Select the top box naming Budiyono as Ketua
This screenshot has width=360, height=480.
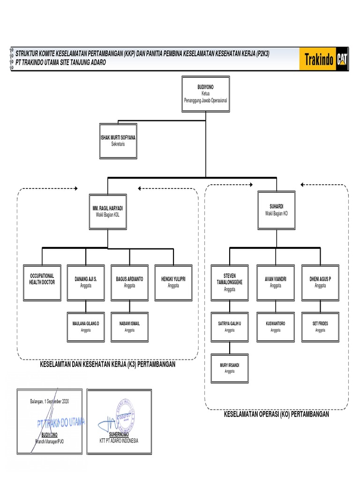coord(205,94)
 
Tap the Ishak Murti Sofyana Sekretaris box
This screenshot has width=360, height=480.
coord(118,141)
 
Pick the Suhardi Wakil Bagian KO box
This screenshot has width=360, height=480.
coord(276,210)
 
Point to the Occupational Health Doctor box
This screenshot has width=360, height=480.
coord(42,283)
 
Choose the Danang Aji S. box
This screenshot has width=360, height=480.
coord(85,283)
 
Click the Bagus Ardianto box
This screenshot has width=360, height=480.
coord(129,283)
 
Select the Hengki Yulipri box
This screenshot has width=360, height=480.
coord(173,283)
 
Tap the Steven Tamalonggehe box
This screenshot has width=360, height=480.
coord(230,283)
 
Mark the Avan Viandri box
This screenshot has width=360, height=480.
coord(276,283)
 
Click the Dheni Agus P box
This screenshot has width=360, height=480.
coord(320,283)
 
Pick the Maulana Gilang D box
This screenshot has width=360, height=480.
coord(85,327)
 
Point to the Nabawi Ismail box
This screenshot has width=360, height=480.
coord(129,327)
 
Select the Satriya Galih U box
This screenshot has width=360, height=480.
coord(230,327)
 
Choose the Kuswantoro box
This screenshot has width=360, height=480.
coord(276,327)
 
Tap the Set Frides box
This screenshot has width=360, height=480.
coord(320,327)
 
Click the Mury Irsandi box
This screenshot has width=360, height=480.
coord(230,368)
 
